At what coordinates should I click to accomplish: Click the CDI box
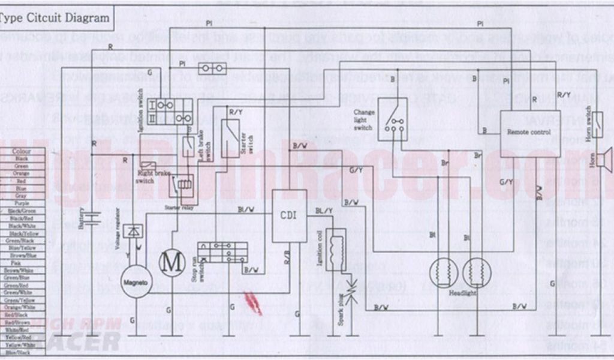[289, 216]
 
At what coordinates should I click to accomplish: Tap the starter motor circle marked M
[173, 262]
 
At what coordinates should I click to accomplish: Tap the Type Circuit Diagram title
[54, 18]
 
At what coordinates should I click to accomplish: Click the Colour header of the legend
[22, 151]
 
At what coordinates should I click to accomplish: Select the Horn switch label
[589, 124]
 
